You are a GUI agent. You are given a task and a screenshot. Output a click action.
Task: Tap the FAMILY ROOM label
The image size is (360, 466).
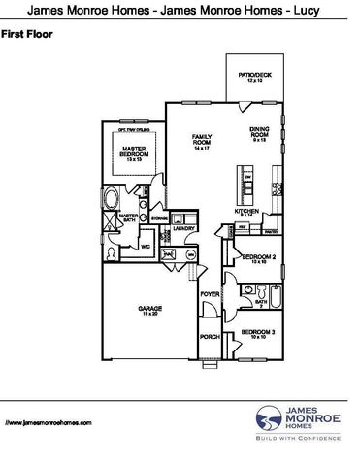point(202,141)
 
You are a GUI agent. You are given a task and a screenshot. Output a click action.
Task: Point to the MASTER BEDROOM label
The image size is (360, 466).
point(134,151)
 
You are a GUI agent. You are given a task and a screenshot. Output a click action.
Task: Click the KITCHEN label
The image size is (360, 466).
point(245,212)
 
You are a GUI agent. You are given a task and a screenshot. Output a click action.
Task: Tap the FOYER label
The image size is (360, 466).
point(210,292)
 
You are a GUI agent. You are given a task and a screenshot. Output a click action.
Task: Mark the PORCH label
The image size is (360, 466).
point(210,337)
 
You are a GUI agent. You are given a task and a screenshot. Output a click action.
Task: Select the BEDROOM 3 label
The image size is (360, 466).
point(254,335)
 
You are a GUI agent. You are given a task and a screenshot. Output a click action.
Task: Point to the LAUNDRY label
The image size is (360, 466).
point(185,229)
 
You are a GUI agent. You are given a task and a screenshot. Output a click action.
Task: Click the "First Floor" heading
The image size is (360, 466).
point(27,34)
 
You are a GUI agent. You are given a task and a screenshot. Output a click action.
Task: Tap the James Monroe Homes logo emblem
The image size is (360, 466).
point(268,419)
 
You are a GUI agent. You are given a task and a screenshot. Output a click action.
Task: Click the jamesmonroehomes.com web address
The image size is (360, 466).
point(48,424)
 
